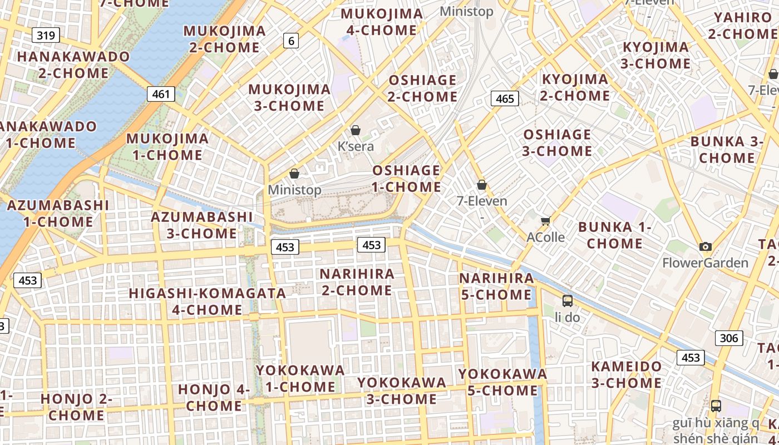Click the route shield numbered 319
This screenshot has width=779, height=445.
(46, 36)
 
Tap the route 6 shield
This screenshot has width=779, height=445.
(290, 40)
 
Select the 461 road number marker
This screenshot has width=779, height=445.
(161, 94)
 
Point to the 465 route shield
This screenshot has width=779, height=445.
(505, 98)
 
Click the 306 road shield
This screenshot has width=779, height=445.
(728, 338)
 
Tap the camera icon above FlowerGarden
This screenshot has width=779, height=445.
(706, 246)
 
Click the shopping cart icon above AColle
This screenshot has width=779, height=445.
(546, 221)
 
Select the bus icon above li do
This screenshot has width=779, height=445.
(568, 301)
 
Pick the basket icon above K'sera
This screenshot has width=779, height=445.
(356, 130)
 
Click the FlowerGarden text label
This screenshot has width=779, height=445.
(705, 263)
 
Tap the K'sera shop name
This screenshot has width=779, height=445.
(356, 146)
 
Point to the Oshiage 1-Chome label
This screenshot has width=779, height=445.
(406, 179)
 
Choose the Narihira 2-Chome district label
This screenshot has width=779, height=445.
(357, 282)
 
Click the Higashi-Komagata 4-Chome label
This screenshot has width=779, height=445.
(207, 301)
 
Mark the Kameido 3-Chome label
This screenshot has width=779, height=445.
(626, 374)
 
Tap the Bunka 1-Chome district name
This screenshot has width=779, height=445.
(614, 235)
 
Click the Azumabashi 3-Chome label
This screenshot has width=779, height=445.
(202, 225)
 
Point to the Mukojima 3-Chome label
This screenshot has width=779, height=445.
(289, 97)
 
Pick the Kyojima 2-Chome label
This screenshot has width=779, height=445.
(575, 87)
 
